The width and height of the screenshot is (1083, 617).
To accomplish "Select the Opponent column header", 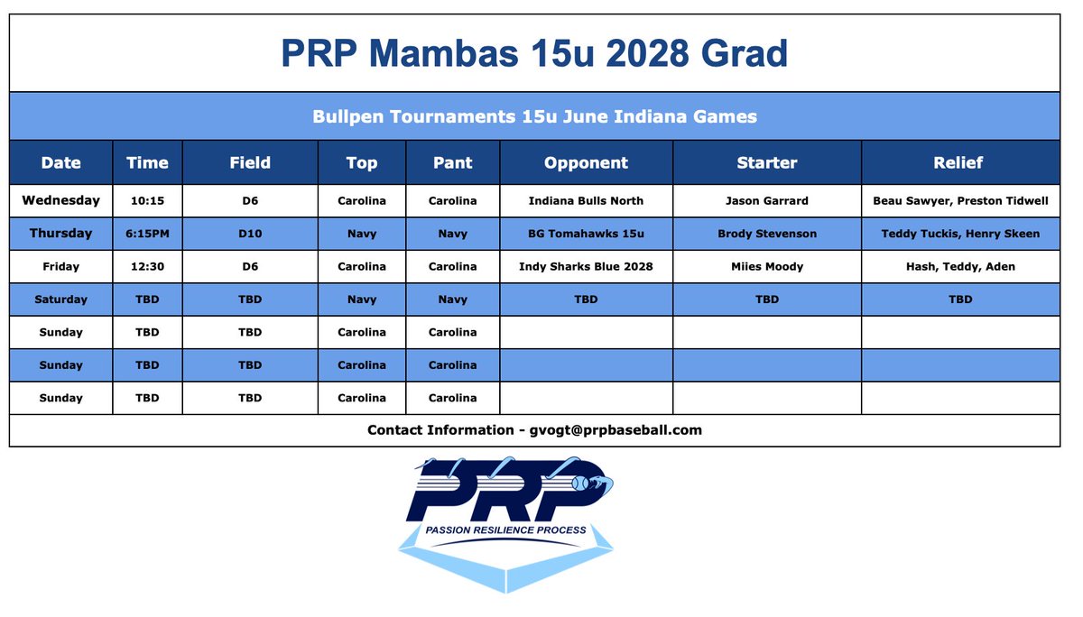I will pyautogui.click(x=586, y=163).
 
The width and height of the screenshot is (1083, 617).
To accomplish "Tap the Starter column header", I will pyautogui.click(x=766, y=163).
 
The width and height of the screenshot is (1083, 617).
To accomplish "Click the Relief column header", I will pyautogui.click(x=959, y=163).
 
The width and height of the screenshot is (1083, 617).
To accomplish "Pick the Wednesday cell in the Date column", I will pyautogui.click(x=60, y=200).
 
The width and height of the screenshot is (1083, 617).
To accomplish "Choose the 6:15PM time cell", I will pyautogui.click(x=147, y=234).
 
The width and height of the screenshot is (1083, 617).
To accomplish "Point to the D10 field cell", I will pyautogui.click(x=250, y=234).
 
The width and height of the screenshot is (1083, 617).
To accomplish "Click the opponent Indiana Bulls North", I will pyautogui.click(x=586, y=200).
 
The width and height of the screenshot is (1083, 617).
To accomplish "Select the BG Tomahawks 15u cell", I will pyautogui.click(x=586, y=234).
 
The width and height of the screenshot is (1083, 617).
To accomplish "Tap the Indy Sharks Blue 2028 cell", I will pyautogui.click(x=586, y=266).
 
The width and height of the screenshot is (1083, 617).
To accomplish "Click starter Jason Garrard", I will pyautogui.click(x=766, y=200).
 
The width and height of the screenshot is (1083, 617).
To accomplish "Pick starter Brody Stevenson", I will pyautogui.click(x=766, y=234).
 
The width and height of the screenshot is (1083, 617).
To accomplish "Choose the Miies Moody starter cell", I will pyautogui.click(x=766, y=266).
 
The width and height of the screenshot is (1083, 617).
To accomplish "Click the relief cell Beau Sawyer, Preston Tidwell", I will pyautogui.click(x=960, y=200).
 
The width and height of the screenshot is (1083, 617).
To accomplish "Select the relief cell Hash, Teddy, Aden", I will pyautogui.click(x=960, y=266).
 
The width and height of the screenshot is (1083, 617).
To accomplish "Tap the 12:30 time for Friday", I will pyautogui.click(x=147, y=266).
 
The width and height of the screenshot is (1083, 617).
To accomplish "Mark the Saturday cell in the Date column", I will pyautogui.click(x=60, y=299).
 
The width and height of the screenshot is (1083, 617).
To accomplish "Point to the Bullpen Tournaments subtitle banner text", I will pyautogui.click(x=534, y=116).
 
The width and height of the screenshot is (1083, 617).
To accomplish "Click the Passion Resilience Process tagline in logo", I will pyautogui.click(x=505, y=530).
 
